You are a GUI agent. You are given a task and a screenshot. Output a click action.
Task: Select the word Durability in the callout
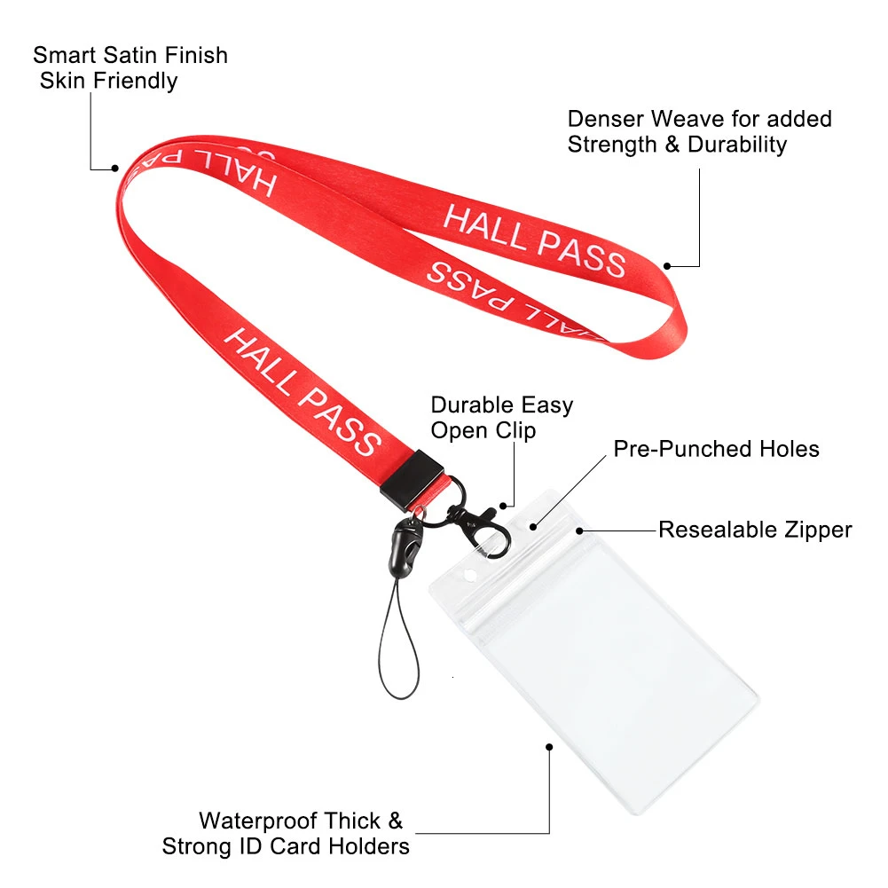[737, 145]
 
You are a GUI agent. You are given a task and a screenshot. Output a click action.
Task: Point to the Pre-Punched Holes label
[717, 449]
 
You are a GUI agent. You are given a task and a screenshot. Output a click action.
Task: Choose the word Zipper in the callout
[818, 530]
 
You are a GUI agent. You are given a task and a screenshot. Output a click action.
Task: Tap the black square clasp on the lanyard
[412, 480]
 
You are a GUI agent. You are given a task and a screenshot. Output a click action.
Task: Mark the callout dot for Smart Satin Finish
[115, 169]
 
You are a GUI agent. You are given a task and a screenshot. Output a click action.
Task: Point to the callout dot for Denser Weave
[667, 266]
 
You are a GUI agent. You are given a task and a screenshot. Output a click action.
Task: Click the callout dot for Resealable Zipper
[579, 531]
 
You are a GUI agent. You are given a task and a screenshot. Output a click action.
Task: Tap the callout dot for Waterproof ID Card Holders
[549, 748]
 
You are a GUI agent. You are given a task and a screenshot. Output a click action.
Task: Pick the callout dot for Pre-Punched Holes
[533, 527]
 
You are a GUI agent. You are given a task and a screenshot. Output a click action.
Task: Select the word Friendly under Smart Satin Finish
[136, 81]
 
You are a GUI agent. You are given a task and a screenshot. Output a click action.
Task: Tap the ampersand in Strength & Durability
[672, 145]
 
